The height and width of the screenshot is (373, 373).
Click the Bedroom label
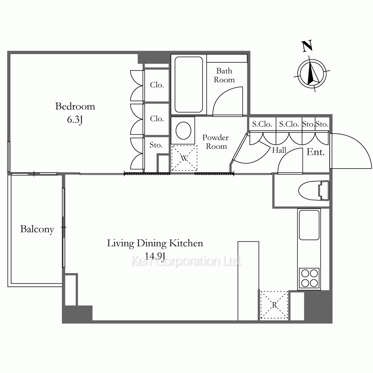(x=75, y=106)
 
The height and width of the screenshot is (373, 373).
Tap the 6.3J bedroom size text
(x=75, y=119)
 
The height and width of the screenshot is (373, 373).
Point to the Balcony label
(x=37, y=229)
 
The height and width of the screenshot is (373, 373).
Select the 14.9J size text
(x=155, y=256)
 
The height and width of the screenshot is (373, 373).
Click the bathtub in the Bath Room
(x=189, y=84)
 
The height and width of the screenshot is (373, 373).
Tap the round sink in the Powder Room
(x=183, y=131)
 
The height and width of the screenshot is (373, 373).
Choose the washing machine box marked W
(x=184, y=158)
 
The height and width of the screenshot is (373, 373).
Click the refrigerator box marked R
(x=274, y=305)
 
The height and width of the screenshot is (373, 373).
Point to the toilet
(x=314, y=191)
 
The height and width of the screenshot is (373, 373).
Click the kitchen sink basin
(x=309, y=225)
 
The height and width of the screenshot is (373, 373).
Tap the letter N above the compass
(x=307, y=46)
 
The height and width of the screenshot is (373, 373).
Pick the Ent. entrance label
(x=316, y=152)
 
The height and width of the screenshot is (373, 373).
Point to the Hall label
(x=279, y=150)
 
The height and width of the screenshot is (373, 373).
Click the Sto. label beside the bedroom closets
(x=156, y=145)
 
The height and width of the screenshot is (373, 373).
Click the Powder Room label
(x=216, y=142)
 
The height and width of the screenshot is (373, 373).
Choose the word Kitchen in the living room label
(x=186, y=243)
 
